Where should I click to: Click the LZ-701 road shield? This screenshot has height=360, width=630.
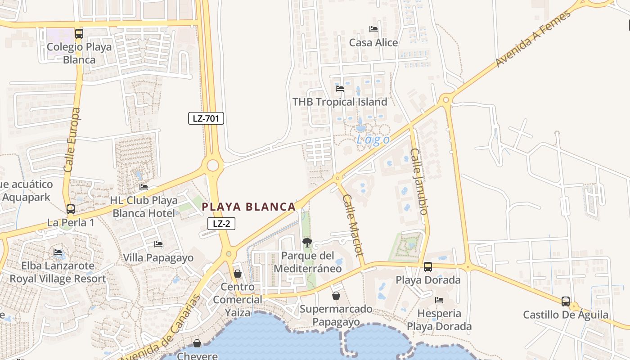tap(206, 118)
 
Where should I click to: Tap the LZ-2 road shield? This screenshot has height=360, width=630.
tap(221, 223)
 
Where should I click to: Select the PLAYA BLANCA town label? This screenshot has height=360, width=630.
tap(248, 207)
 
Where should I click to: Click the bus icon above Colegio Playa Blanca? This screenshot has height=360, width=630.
tap(79, 33)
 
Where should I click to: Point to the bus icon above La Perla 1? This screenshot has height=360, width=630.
tap(71, 209)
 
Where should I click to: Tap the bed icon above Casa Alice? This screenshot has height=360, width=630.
tap(373, 29)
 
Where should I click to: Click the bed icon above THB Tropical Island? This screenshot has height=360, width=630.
tap(340, 89)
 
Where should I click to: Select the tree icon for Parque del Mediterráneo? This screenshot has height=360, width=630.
tap(307, 243)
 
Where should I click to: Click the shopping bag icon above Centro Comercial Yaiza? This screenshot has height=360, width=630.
tap(238, 274)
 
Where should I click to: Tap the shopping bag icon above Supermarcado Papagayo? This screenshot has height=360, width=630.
tap(336, 296)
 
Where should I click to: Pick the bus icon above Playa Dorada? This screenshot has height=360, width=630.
tap(428, 267)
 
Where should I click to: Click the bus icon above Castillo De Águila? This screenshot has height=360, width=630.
tap(566, 301)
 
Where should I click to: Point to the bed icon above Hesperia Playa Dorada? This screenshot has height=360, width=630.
tap(439, 300)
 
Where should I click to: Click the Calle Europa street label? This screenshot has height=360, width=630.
tap(72, 139)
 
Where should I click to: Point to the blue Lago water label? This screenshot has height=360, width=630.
tap(373, 139)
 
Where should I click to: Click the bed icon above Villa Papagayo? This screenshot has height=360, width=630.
tap(158, 244)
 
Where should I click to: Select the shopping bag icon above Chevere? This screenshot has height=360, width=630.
tap(197, 343)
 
